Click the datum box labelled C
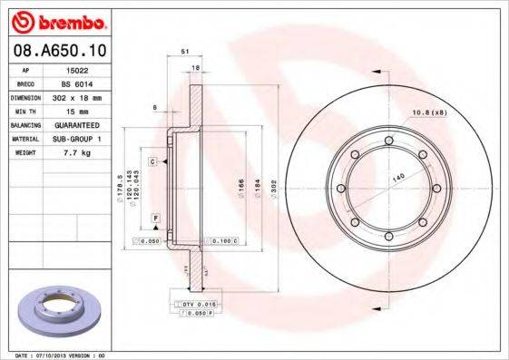(x=153, y=161)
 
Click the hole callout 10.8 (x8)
(x=430, y=112)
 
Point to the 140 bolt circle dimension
(x=397, y=179)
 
